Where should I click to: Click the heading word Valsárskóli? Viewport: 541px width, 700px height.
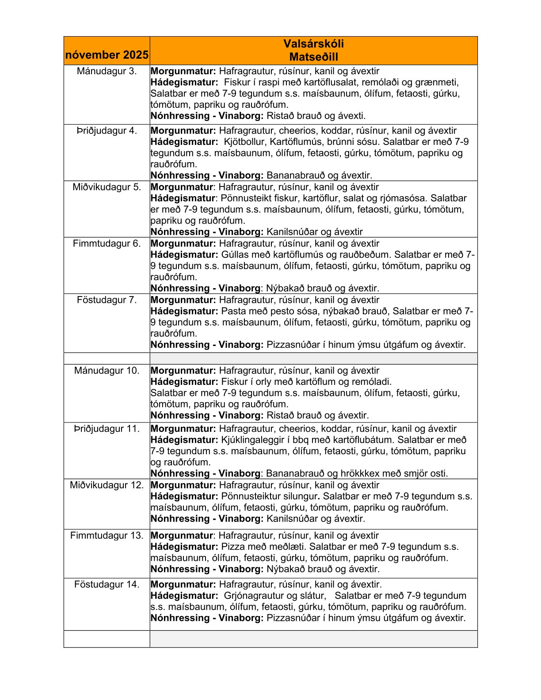313,44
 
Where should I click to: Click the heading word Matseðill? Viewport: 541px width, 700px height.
313,57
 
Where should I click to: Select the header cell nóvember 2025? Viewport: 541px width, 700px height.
107,55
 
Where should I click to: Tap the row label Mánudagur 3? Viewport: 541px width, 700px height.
107,71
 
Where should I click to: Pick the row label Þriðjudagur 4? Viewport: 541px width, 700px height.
107,131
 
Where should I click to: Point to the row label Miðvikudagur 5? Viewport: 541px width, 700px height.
107,187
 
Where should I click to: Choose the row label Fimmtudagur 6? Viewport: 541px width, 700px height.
107,243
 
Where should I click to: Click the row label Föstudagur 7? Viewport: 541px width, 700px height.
107,300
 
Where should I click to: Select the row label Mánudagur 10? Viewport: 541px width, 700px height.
107,371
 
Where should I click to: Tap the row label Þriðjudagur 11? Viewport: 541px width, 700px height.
107,429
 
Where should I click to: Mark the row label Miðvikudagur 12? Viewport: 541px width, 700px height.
107,485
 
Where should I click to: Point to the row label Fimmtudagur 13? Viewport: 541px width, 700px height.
107,536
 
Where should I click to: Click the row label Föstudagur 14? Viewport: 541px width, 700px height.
107,584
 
